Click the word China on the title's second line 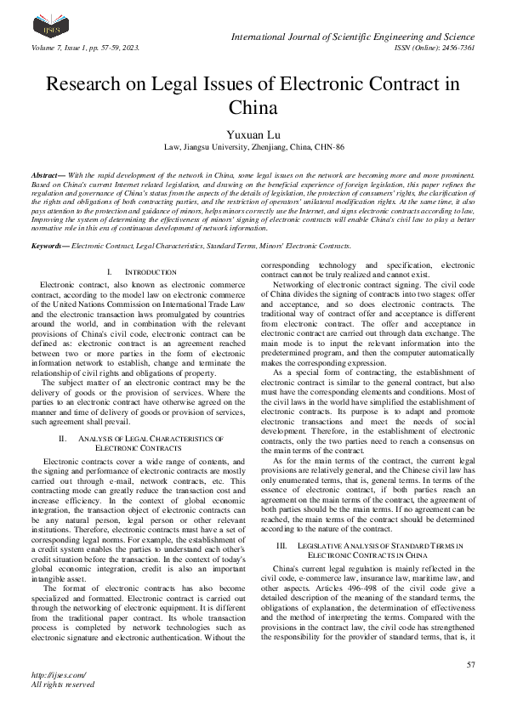coord(253,107)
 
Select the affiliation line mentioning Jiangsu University coord(253,147)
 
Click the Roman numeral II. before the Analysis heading coord(62,438)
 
